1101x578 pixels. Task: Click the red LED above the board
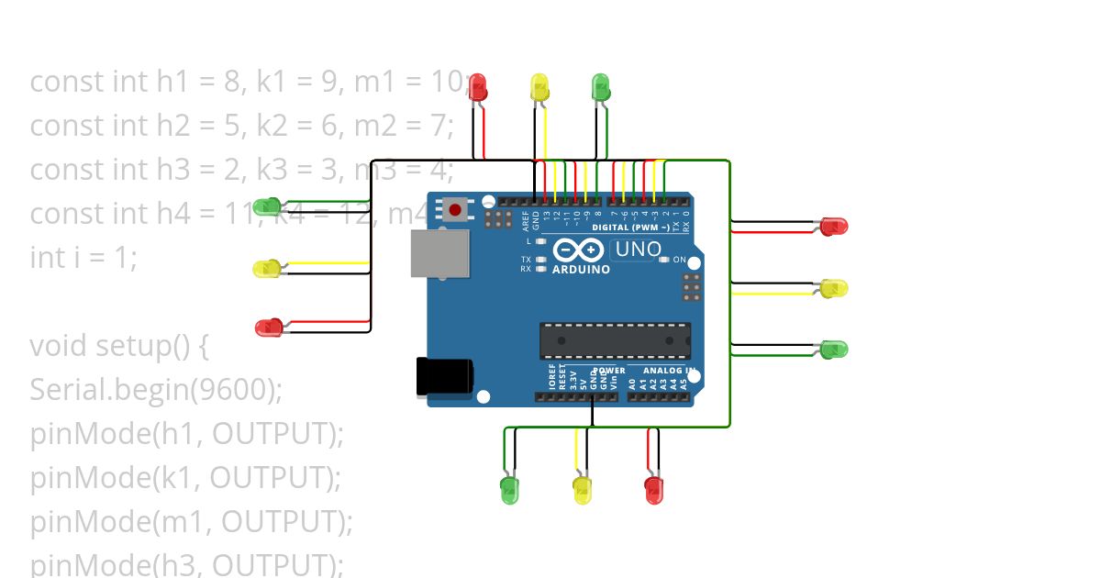[478, 88]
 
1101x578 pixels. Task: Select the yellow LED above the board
[539, 88]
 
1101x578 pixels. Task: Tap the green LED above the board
[601, 88]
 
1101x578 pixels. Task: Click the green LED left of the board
[267, 206]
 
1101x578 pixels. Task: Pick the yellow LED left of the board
[267, 269]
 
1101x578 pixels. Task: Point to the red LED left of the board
[269, 328]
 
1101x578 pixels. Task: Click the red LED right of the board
[833, 226]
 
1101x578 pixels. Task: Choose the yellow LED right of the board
[833, 288]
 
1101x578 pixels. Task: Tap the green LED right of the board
[833, 350]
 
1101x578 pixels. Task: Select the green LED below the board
[509, 489]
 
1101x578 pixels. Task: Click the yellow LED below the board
[583, 489]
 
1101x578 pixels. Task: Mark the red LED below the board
[653, 489]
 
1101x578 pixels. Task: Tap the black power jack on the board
[445, 377]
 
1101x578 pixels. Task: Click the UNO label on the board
[637, 249]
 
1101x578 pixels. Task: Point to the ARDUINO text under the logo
[581, 270]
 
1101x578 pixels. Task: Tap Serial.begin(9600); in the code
[156, 390]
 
